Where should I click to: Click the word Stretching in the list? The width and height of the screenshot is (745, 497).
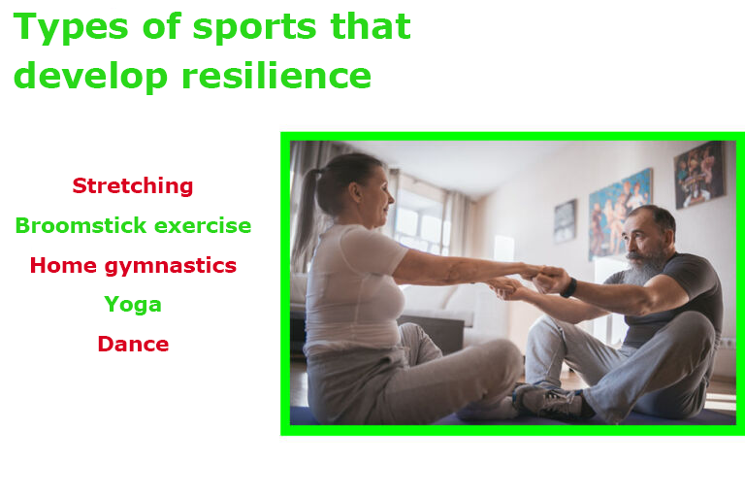pos(133,186)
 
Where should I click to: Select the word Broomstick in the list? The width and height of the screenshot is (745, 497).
pos(81,225)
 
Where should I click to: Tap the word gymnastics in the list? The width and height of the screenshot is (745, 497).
pos(170,266)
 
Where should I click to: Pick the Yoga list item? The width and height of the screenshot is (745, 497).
pos(133,305)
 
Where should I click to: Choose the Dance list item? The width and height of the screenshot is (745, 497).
pos(133,344)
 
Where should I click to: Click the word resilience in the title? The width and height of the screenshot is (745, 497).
pos(276,75)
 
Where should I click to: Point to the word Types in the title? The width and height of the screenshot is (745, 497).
pos(71,27)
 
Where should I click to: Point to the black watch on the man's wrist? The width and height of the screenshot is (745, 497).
pos(569,287)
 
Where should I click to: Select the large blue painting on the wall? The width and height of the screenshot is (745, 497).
pos(619,214)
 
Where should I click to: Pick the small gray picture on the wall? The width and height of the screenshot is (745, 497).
pos(565,221)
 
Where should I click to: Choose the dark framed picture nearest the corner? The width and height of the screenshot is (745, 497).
pos(699,175)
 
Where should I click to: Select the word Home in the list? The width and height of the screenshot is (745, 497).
pos(63,265)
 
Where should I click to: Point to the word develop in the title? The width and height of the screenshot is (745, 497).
pos(90,76)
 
